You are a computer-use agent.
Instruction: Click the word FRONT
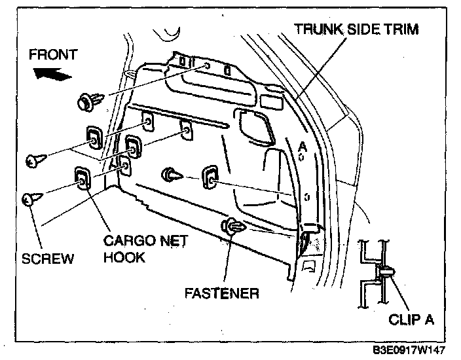(x=52, y=54)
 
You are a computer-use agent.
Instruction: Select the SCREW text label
(x=48, y=259)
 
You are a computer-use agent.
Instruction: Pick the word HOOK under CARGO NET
(x=124, y=257)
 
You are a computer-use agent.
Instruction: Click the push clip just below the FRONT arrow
(x=90, y=101)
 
